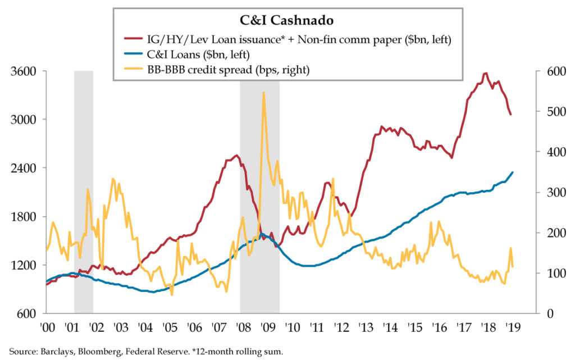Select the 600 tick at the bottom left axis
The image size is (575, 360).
(27, 313)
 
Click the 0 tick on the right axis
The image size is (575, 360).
(546, 313)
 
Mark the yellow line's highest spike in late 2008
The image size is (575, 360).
(263, 93)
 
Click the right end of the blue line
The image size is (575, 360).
(513, 172)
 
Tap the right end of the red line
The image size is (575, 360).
(510, 115)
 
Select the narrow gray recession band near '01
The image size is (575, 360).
(84, 191)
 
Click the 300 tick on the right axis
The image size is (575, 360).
(552, 193)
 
